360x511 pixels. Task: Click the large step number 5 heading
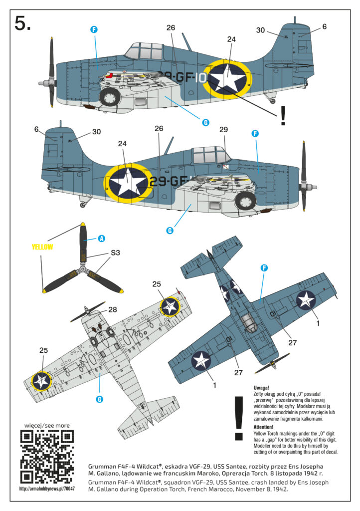point(22,24)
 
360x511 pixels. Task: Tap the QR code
point(47,457)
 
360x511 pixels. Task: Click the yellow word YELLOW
point(42,247)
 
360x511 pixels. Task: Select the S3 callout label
point(115,253)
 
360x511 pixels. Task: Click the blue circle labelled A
point(102,239)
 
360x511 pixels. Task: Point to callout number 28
point(112,309)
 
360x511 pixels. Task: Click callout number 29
point(223,129)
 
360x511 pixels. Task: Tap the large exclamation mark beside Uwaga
point(239,419)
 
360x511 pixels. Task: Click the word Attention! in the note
point(263,427)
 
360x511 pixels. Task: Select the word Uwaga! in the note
point(261,388)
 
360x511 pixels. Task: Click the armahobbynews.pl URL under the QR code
point(47,489)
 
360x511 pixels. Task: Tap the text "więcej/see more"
point(47,425)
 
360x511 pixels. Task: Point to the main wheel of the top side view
point(110,97)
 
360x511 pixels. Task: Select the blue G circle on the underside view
point(100,399)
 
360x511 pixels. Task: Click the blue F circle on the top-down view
point(264,268)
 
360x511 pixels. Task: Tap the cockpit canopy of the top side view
point(145,51)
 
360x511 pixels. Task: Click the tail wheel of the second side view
point(83,204)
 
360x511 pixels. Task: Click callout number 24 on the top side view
point(231,39)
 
